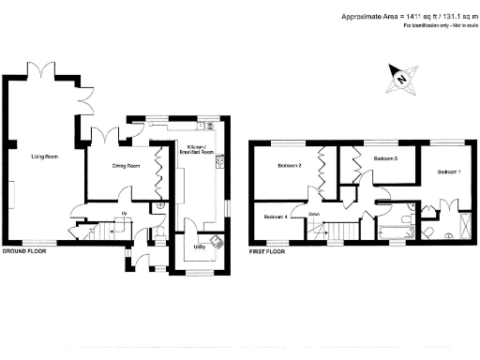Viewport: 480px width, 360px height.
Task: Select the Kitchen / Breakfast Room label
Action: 201,151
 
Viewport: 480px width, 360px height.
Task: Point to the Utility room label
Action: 200,247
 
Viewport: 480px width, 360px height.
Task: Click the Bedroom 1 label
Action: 447,172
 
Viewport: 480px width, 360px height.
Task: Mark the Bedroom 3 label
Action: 386,159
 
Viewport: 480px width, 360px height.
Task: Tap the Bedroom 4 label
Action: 274,217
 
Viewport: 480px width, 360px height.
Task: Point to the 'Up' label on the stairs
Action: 124,213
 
